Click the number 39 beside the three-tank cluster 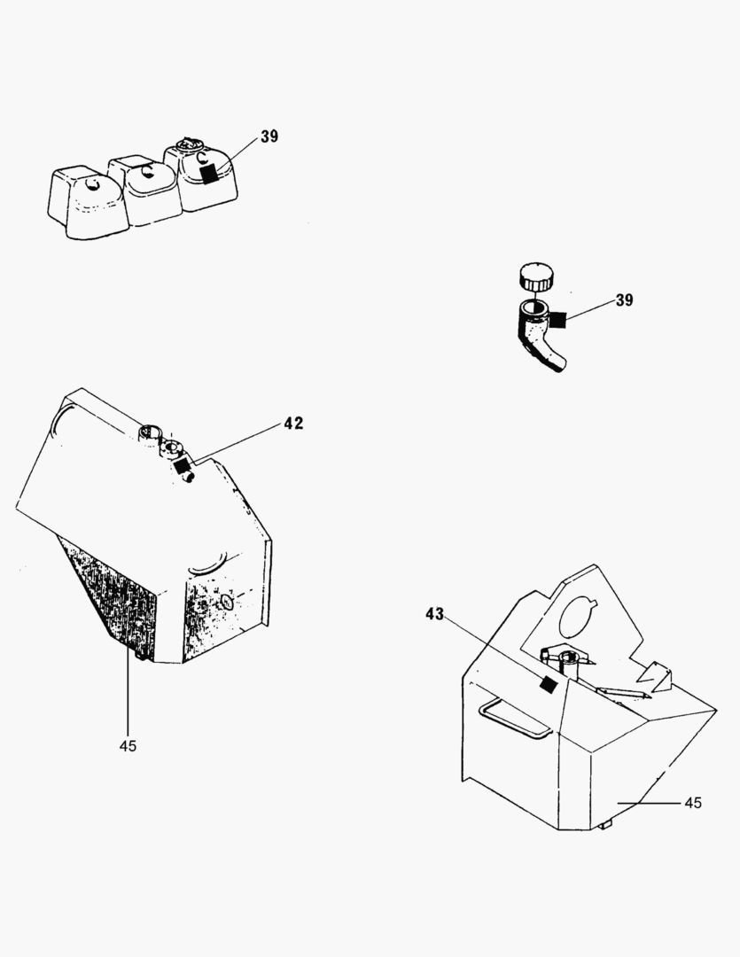click(x=269, y=136)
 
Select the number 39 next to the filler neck click(x=624, y=300)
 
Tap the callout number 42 click(x=293, y=423)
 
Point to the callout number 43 click(x=435, y=614)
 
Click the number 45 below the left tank click(x=128, y=746)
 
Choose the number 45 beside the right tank click(x=693, y=803)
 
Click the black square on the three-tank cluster click(x=209, y=174)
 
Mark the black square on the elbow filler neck click(x=558, y=319)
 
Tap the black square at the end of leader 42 click(x=182, y=467)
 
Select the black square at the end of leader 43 click(x=549, y=685)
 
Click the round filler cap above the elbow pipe click(x=536, y=276)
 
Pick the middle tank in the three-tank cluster click(x=146, y=190)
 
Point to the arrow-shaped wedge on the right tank click(x=654, y=675)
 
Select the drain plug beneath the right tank click(x=604, y=825)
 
